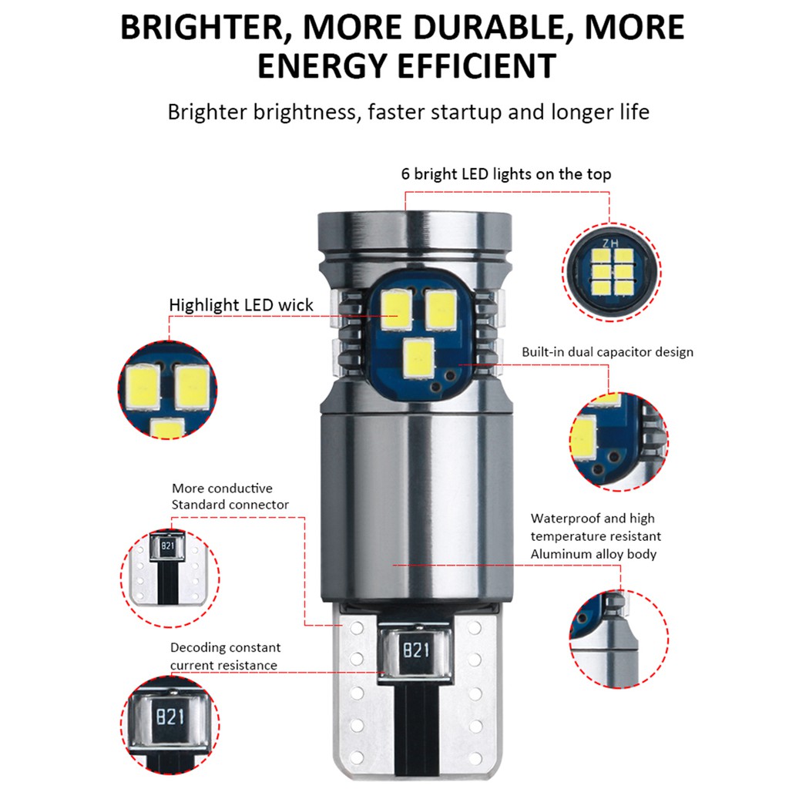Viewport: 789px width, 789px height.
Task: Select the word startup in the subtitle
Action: [x=468, y=112]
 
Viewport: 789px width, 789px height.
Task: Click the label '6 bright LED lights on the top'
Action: [x=505, y=174]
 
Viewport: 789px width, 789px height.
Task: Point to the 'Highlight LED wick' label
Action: [x=241, y=305]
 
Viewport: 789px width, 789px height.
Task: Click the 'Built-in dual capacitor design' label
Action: [x=607, y=351]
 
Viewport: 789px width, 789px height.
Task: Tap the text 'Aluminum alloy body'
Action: [x=593, y=554]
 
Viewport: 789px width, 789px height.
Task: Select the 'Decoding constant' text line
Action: [x=225, y=647]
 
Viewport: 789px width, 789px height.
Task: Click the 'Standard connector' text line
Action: [x=230, y=505]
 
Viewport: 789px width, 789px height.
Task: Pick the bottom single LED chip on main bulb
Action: [x=418, y=358]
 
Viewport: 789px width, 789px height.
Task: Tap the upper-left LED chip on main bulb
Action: [x=396, y=310]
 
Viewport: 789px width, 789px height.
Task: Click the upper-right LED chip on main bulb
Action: [x=441, y=310]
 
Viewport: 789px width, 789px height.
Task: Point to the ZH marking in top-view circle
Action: [x=611, y=243]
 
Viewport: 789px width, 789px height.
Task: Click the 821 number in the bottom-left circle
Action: [x=170, y=717]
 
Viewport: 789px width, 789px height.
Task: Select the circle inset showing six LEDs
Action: [x=612, y=272]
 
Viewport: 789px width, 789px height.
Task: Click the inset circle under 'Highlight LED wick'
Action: [x=167, y=390]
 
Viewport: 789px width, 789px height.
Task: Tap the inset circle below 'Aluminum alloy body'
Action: [x=619, y=639]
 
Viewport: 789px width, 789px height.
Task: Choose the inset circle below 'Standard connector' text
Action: [x=170, y=578]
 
